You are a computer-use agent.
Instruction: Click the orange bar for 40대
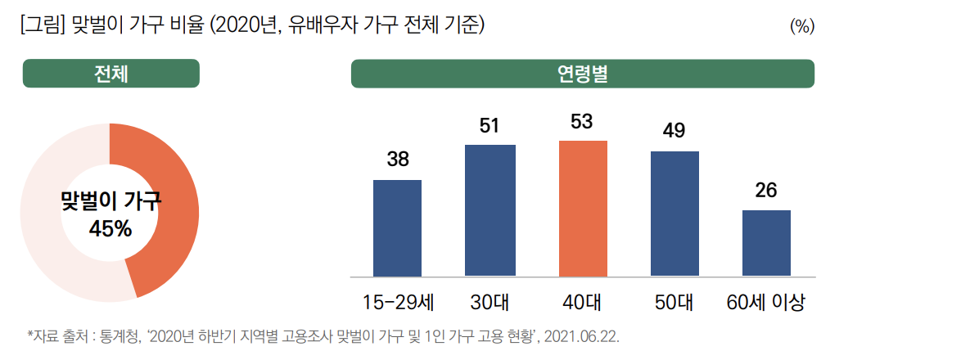[x=583, y=209]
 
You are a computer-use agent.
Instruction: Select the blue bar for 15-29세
[x=397, y=228]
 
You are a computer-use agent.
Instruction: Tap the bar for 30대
[x=490, y=210]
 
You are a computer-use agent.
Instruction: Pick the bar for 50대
[x=674, y=214]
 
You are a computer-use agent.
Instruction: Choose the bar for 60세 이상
[x=766, y=243]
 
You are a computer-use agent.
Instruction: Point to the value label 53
[x=583, y=122]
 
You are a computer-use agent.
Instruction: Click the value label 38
[x=398, y=160]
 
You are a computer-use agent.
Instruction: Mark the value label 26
[x=766, y=191]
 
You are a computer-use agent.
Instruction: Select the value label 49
[x=674, y=131]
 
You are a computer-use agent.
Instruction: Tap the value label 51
[x=490, y=125]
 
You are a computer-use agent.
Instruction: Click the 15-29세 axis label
[x=398, y=302]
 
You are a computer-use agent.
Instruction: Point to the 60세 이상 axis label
[x=766, y=302]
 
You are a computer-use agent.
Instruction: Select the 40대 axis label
[x=583, y=302]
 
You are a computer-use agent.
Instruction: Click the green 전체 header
[x=111, y=74]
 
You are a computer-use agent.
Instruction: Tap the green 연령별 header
[x=582, y=74]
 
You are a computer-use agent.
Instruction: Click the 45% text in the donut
[x=110, y=228]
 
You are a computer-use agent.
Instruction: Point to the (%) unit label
[x=801, y=26]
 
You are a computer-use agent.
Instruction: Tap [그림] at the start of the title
[x=38, y=25]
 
